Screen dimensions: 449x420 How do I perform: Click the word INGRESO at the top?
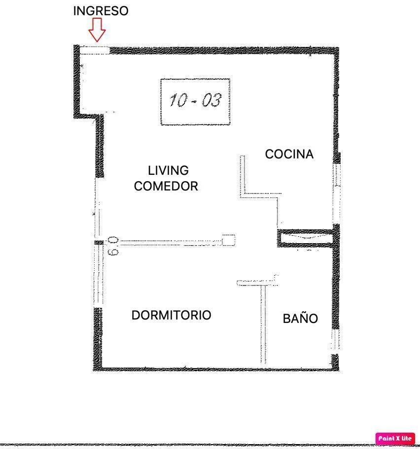pos(101,11)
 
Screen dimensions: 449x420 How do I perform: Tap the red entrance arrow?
pos(97,30)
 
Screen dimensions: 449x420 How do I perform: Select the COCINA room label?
pos(289,154)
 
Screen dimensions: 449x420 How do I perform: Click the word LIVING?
pos(168,170)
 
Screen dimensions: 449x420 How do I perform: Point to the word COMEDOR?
pos(166,186)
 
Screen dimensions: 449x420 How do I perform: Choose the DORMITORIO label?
pos(171,315)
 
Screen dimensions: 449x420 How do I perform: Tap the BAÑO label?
pos(300,319)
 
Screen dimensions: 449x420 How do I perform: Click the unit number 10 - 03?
pos(195,100)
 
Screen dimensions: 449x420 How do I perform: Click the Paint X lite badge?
pos(395,438)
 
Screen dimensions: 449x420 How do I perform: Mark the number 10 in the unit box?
pos(178,100)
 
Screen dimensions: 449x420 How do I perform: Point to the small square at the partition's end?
pos(228,240)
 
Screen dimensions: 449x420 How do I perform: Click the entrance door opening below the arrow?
pos(94,50)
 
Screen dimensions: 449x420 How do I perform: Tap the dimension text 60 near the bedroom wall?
pos(113,246)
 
